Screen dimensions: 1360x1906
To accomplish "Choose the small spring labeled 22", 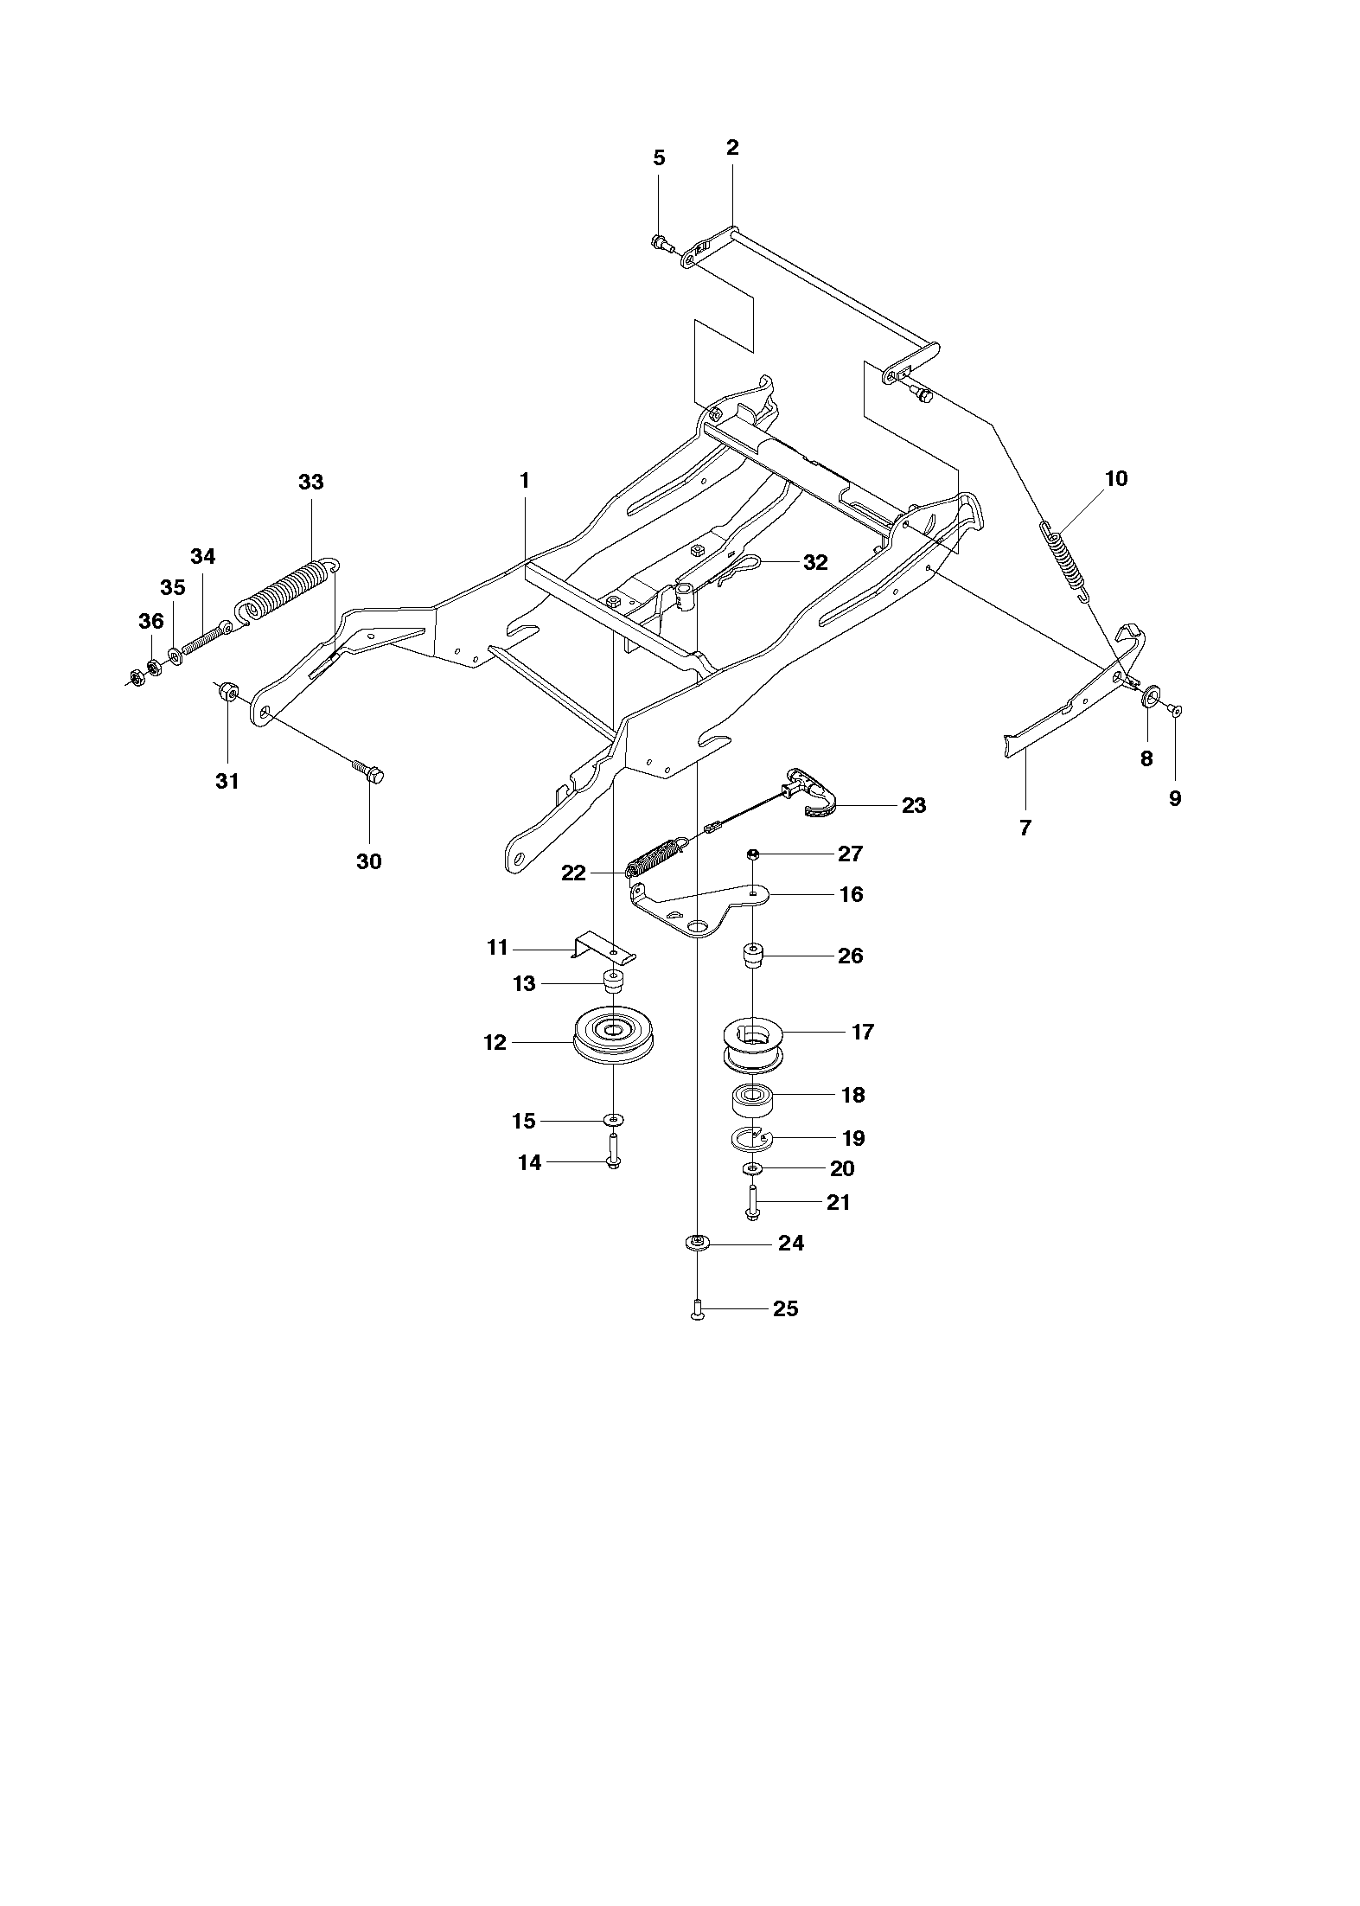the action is pyautogui.click(x=658, y=856).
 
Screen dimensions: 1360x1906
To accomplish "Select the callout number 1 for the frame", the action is pyautogui.click(x=524, y=480).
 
